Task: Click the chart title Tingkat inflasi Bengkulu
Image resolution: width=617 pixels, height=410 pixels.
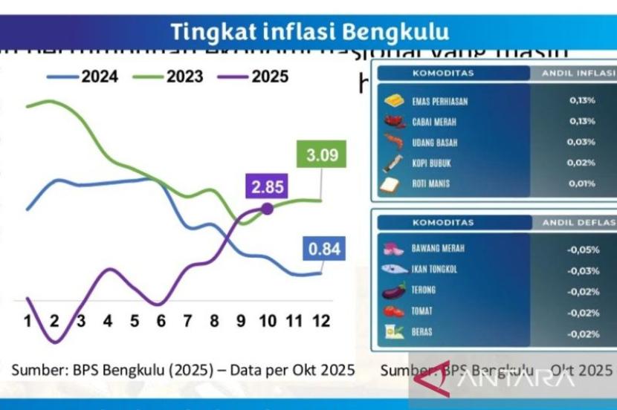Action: [x=309, y=31]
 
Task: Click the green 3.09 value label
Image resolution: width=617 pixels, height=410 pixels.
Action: [x=322, y=156]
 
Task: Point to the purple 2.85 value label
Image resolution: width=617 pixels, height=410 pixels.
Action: [x=268, y=186]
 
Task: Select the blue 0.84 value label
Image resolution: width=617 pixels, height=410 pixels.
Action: [x=323, y=249]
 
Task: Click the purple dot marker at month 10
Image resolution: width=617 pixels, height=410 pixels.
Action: [x=268, y=209]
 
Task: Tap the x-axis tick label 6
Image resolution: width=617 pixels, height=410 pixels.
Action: [x=161, y=321]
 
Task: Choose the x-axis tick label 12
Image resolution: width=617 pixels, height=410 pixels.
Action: [x=322, y=321]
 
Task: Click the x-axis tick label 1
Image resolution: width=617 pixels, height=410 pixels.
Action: [x=28, y=321]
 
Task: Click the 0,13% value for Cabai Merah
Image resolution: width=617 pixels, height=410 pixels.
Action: [x=582, y=121]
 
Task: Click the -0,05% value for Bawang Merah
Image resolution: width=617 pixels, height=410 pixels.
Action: [x=582, y=250]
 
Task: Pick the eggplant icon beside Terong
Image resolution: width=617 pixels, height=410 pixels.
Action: [x=394, y=290]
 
